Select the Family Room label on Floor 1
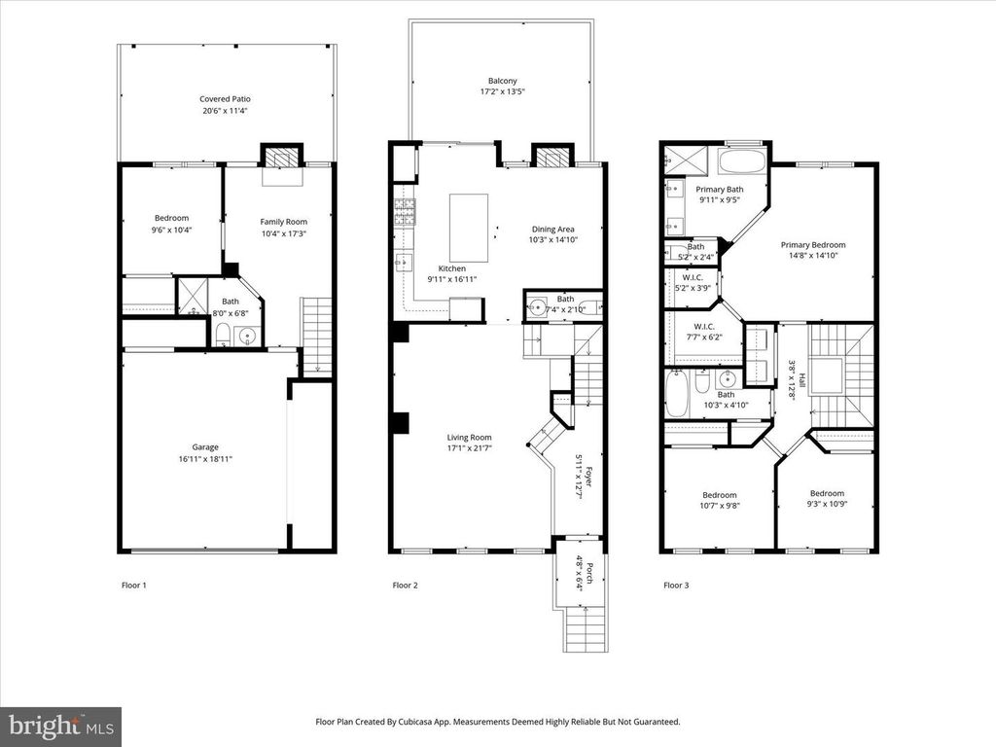(x=283, y=223)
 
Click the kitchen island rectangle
(x=468, y=227)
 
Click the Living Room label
(x=469, y=438)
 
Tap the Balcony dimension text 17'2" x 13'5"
(x=503, y=92)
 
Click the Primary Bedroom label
(x=813, y=245)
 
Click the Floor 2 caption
(x=405, y=586)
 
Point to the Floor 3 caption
(x=676, y=586)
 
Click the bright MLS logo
(x=60, y=726)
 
